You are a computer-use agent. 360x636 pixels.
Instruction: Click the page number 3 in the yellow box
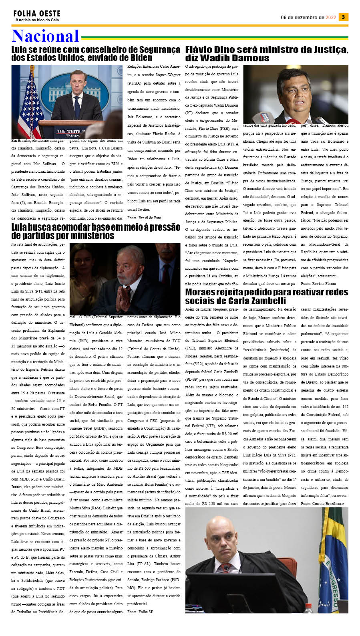coord(343,17)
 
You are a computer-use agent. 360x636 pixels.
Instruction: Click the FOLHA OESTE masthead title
coord(37,14)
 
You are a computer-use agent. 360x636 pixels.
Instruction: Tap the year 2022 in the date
coord(331,18)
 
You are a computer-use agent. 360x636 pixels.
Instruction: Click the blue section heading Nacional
coord(45,36)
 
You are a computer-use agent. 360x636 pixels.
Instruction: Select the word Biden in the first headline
coord(137,58)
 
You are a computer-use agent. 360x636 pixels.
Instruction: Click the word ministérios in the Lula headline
coord(91,236)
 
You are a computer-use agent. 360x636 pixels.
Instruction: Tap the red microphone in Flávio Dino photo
coord(266,118)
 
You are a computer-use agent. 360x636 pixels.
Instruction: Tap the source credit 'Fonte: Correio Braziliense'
coord(322,503)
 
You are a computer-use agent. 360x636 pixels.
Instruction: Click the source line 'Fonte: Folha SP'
coord(140,612)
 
